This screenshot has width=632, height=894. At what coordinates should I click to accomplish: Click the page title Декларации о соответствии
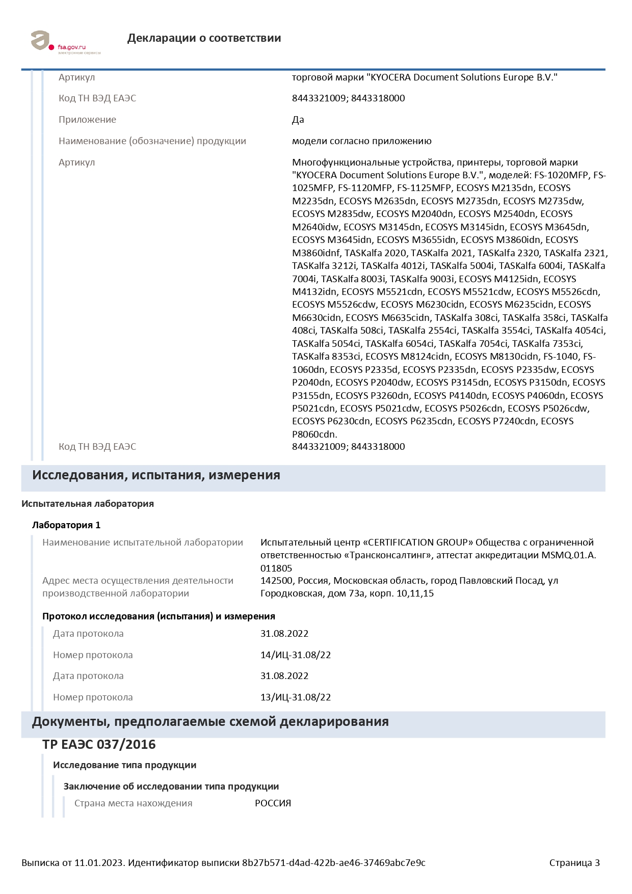click(x=204, y=38)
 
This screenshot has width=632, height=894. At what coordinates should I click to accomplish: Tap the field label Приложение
click(x=87, y=120)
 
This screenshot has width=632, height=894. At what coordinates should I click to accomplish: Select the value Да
click(x=298, y=120)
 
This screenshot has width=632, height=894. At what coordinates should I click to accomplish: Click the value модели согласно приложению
click(x=361, y=141)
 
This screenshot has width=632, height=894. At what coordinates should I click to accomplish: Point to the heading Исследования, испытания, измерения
click(x=156, y=475)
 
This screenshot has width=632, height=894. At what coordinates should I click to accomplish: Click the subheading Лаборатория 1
click(x=66, y=525)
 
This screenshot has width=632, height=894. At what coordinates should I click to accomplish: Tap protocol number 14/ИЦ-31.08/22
click(x=296, y=655)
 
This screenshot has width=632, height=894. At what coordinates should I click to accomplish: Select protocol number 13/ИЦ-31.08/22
click(x=296, y=697)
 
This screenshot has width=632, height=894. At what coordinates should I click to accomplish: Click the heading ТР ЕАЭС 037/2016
click(x=99, y=745)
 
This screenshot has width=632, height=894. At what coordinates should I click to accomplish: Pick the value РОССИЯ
click(x=273, y=803)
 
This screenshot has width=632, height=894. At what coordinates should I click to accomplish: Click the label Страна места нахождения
click(x=133, y=803)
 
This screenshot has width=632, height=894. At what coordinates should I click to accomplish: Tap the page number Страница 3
click(x=574, y=863)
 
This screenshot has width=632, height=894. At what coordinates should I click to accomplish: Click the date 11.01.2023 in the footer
click(x=99, y=863)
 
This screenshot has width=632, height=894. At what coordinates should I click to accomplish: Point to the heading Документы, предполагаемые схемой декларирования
click(x=210, y=722)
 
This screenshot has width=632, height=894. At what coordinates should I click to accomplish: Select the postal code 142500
click(x=276, y=581)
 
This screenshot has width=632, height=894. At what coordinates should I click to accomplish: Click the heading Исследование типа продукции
click(x=124, y=765)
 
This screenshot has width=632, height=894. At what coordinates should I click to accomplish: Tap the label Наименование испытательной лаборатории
click(x=142, y=543)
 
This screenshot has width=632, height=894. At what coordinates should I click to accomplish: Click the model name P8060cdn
click(x=314, y=435)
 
